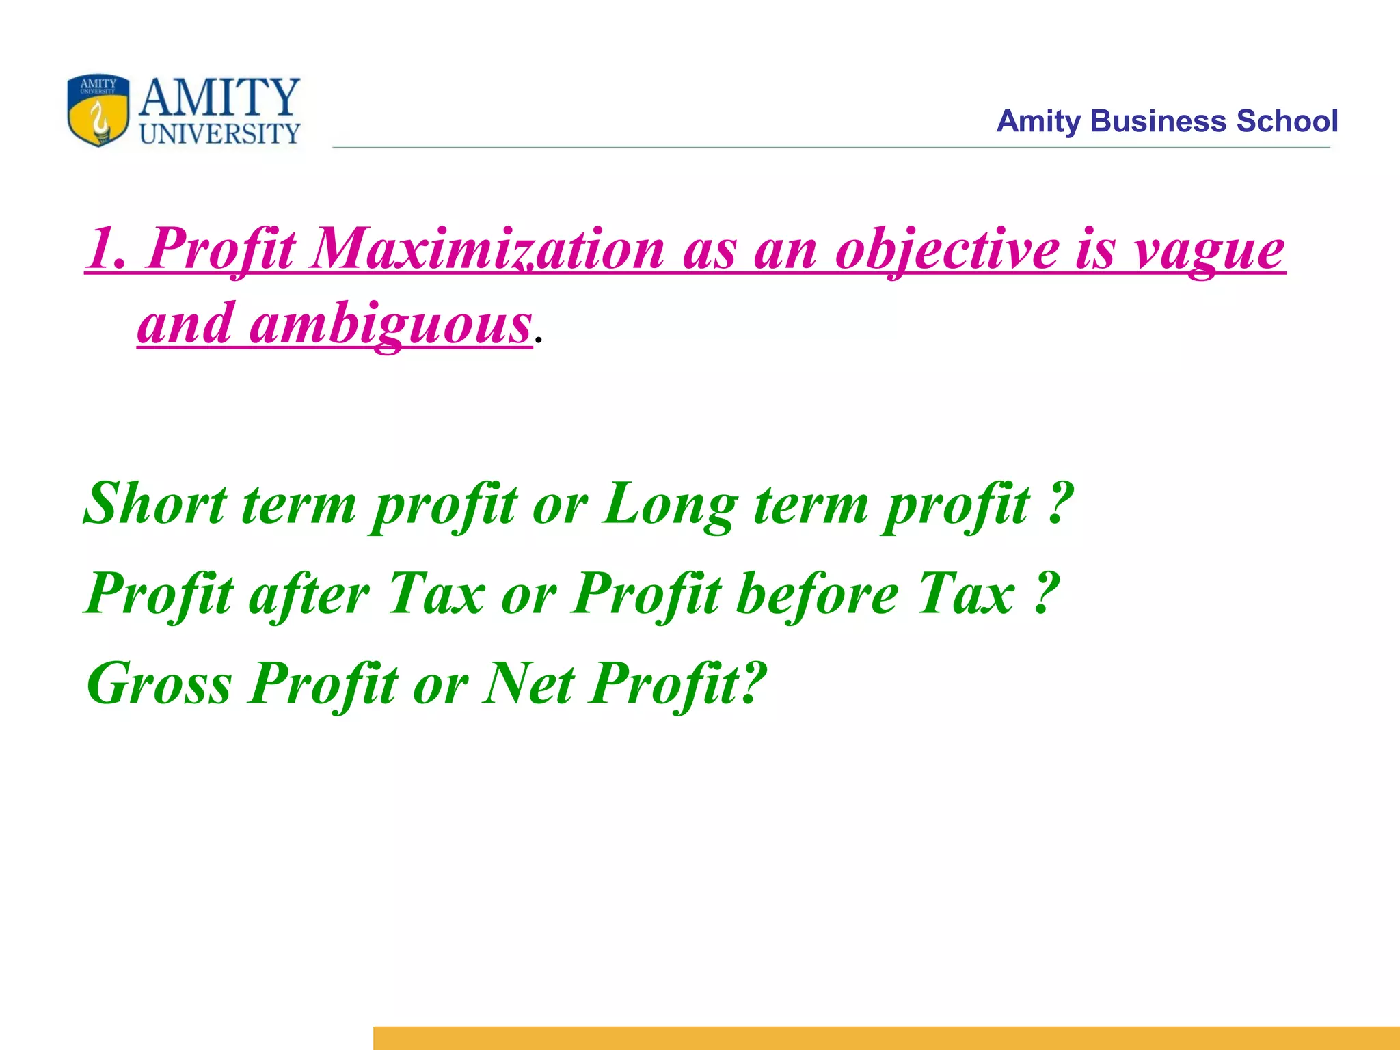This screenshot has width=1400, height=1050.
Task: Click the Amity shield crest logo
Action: [x=98, y=110]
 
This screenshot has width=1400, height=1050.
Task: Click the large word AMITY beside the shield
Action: [x=219, y=98]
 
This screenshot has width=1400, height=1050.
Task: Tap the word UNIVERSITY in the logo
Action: [x=219, y=134]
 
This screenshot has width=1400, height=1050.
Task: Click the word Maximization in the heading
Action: [x=487, y=250]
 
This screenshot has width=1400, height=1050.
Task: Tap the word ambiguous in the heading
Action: [x=390, y=325]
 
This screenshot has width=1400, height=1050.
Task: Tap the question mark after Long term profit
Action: [x=1058, y=504]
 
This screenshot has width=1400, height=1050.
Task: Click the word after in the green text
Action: [x=309, y=595]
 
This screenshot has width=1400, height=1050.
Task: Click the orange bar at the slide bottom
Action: [x=886, y=1038]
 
